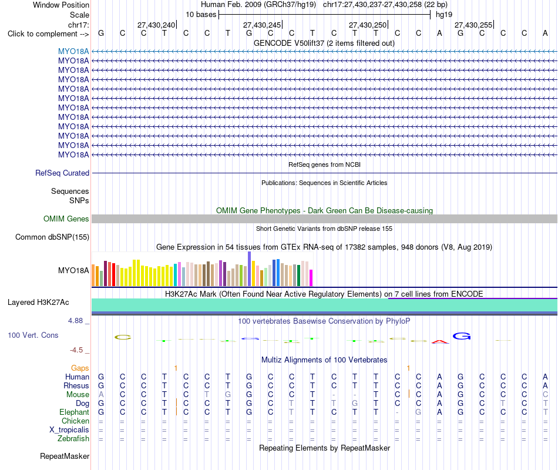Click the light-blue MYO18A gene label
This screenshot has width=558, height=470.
73,51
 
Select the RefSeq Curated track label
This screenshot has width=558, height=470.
62,173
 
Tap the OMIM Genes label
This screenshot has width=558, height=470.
66,219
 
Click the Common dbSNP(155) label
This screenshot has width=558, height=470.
52,237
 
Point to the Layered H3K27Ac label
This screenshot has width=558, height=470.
38,303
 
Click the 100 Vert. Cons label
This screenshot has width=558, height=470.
33,335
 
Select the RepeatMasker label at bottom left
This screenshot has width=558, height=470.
65,456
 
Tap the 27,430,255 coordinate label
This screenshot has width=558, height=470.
473,25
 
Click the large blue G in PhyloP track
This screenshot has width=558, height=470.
462,336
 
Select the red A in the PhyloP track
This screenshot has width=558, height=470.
440,342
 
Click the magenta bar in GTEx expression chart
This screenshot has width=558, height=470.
311,278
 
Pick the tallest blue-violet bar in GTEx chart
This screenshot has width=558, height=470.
250,269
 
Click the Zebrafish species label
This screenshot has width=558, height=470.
73,438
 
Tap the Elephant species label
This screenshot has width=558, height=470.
75,412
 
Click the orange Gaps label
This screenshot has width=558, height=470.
80,368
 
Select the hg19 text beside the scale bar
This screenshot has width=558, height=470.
444,15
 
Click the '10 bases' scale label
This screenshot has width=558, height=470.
201,15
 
